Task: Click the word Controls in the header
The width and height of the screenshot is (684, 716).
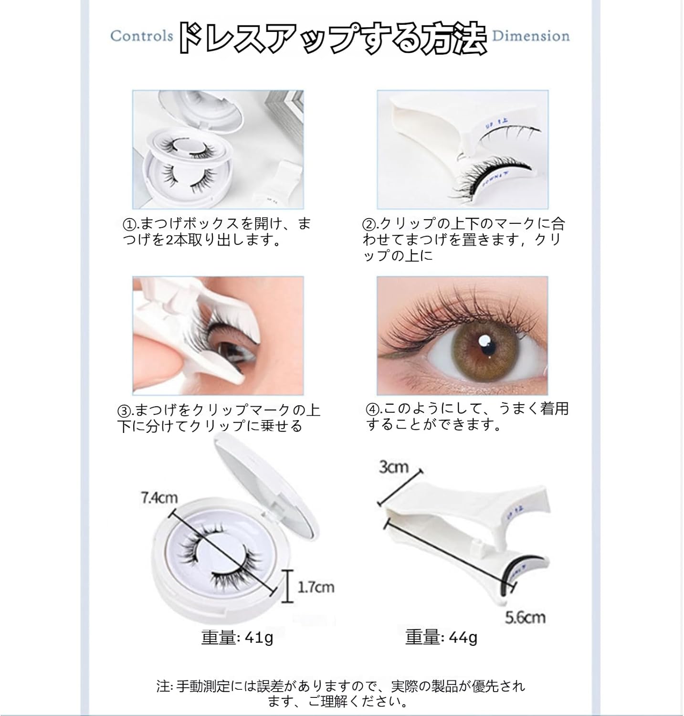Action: pos(141,36)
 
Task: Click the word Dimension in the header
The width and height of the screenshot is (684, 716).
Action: pos(531,36)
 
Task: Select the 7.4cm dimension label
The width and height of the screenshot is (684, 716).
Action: pos(159,498)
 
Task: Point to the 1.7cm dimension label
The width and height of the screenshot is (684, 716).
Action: pos(316,587)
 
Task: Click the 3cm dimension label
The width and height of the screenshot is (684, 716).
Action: pos(394,466)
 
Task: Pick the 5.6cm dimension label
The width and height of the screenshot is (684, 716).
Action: pos(525,617)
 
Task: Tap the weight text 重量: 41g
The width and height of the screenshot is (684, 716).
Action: pos(237,637)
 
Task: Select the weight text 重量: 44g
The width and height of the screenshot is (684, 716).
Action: pos(441,637)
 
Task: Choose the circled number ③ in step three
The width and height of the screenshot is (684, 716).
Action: pos(123,411)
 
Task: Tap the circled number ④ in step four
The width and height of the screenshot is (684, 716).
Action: pos(372,410)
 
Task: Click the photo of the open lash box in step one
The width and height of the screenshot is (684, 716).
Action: pos(218,149)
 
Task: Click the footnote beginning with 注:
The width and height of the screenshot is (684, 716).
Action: pos(341,693)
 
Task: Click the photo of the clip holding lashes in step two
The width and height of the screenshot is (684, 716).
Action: pos(462,149)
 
